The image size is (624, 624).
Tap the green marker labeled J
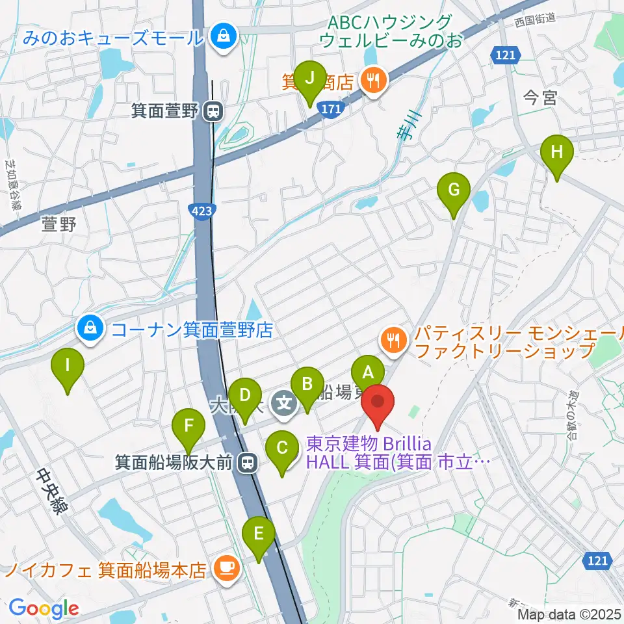(x=310, y=78)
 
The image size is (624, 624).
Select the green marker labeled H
(x=557, y=153)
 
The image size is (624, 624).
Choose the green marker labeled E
(x=259, y=534)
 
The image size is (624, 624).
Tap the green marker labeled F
(x=188, y=426)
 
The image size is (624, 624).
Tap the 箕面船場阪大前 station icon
(x=246, y=463)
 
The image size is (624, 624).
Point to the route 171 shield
(x=330, y=111)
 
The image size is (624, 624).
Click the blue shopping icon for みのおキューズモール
(x=223, y=36)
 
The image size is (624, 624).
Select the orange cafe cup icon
(x=226, y=570)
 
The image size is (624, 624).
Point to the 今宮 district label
(x=540, y=98)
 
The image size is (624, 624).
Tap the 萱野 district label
(x=59, y=225)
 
